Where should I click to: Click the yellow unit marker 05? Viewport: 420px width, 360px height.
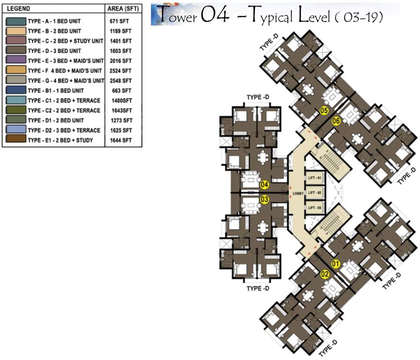[323, 110]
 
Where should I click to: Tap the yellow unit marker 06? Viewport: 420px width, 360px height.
[336, 121]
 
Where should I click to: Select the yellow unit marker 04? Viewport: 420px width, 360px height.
[265, 184]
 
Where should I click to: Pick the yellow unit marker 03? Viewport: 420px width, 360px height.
[265, 200]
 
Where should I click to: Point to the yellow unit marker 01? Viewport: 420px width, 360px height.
[335, 263]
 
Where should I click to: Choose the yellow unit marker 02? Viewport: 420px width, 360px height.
[324, 275]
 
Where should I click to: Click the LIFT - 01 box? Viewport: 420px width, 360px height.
[314, 178]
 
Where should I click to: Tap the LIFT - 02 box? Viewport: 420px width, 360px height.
[314, 193]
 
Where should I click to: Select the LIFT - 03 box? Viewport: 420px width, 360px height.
[314, 207]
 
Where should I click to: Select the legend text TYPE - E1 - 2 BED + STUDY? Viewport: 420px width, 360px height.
[60, 140]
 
